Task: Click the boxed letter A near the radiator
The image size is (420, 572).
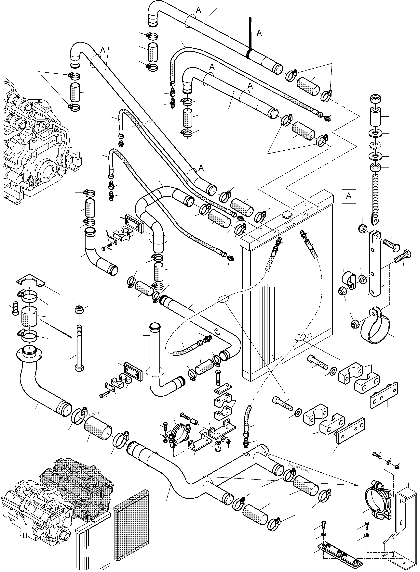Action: click(x=349, y=196)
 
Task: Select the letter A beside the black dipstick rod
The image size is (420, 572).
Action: click(x=259, y=33)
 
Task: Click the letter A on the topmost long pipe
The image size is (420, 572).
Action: click(x=198, y=10)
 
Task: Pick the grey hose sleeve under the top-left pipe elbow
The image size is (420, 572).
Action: click(x=75, y=92)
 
